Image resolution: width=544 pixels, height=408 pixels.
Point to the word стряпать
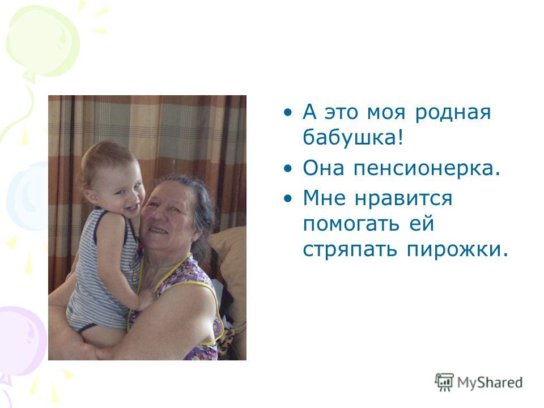tap(350, 249)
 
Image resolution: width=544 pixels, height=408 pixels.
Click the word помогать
tap(351, 223)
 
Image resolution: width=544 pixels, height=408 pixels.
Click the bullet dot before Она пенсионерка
tap(288, 169)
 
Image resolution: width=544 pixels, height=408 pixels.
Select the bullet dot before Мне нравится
tap(288, 199)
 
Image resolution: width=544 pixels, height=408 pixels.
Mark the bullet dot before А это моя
tap(288, 112)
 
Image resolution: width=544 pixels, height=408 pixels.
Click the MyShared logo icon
tap(444, 382)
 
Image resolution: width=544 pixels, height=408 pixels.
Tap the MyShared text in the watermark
tap(490, 382)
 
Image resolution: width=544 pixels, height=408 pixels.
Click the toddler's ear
tap(91, 197)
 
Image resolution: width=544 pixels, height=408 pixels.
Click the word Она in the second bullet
tap(324, 168)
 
